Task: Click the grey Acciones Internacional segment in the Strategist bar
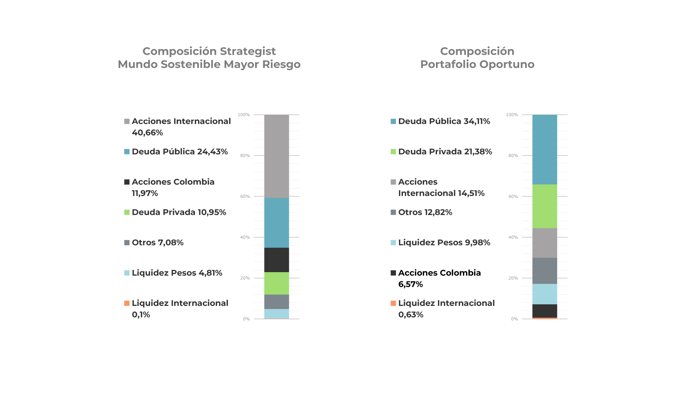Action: pyautogui.click(x=276, y=156)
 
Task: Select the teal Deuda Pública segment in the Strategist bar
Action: pyautogui.click(x=276, y=223)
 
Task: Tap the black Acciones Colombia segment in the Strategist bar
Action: pyautogui.click(x=276, y=260)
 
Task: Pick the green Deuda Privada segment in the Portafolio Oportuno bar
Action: pyautogui.click(x=544, y=206)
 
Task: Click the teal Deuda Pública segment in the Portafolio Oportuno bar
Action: pyautogui.click(x=544, y=149)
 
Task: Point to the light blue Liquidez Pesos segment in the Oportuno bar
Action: pyautogui.click(x=544, y=294)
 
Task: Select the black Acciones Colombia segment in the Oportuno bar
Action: pyautogui.click(x=544, y=311)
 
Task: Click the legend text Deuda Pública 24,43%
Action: pyautogui.click(x=180, y=151)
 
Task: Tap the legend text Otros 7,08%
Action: pyautogui.click(x=158, y=243)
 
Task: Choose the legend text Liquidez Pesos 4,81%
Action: pyautogui.click(x=177, y=273)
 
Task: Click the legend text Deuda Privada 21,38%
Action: pyautogui.click(x=445, y=151)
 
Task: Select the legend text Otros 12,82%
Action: pyautogui.click(x=425, y=212)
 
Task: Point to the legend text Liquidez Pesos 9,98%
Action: pyautogui.click(x=444, y=243)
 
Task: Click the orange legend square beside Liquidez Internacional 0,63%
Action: pyautogui.click(x=393, y=303)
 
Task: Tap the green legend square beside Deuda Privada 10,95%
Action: pyautogui.click(x=127, y=212)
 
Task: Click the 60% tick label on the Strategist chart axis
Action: pyautogui.click(x=245, y=196)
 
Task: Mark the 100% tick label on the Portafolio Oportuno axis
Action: pyautogui.click(x=512, y=115)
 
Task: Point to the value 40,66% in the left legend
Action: pyautogui.click(x=147, y=133)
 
